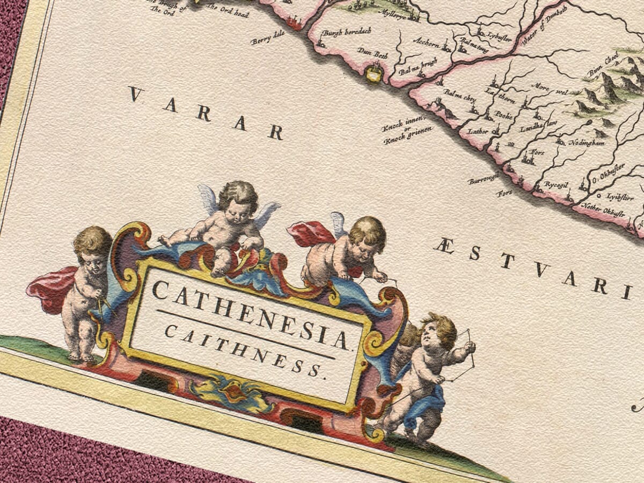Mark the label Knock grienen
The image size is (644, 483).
405,137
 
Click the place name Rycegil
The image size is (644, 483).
556,184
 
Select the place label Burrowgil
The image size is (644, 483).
483,178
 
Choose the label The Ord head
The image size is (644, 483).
228,11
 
